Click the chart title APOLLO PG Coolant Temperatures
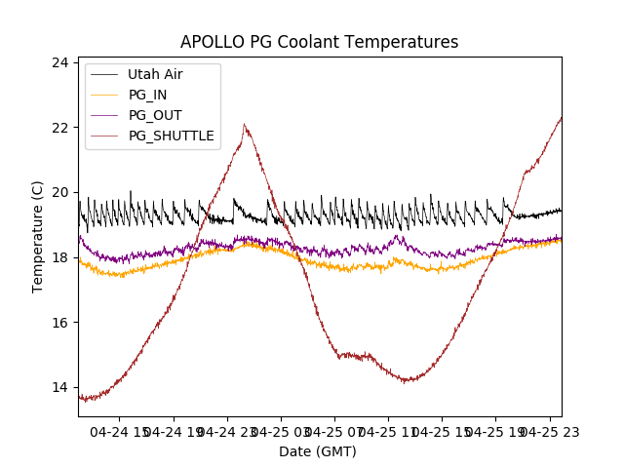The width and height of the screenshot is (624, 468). click(319, 43)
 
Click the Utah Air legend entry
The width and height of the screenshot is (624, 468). click(154, 74)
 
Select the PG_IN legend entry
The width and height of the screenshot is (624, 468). click(147, 95)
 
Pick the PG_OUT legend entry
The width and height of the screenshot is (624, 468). click(154, 115)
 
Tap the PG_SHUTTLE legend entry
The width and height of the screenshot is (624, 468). click(171, 136)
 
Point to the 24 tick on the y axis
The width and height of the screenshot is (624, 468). click(59, 62)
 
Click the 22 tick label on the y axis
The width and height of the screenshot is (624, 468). click(59, 128)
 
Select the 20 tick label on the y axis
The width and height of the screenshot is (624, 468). click(59, 192)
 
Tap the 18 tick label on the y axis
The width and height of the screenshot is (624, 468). click(59, 257)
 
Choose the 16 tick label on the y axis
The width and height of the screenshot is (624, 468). click(59, 323)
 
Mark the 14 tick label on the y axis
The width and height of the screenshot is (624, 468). click(59, 387)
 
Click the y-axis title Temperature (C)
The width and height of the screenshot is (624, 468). click(38, 237)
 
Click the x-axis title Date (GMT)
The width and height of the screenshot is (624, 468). click(318, 451)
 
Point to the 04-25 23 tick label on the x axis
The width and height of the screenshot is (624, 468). click(546, 431)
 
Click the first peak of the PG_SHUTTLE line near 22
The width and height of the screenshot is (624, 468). click(244, 125)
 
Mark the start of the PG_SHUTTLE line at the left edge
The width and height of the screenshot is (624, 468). click(80, 396)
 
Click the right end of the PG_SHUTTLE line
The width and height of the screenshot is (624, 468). click(561, 118)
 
